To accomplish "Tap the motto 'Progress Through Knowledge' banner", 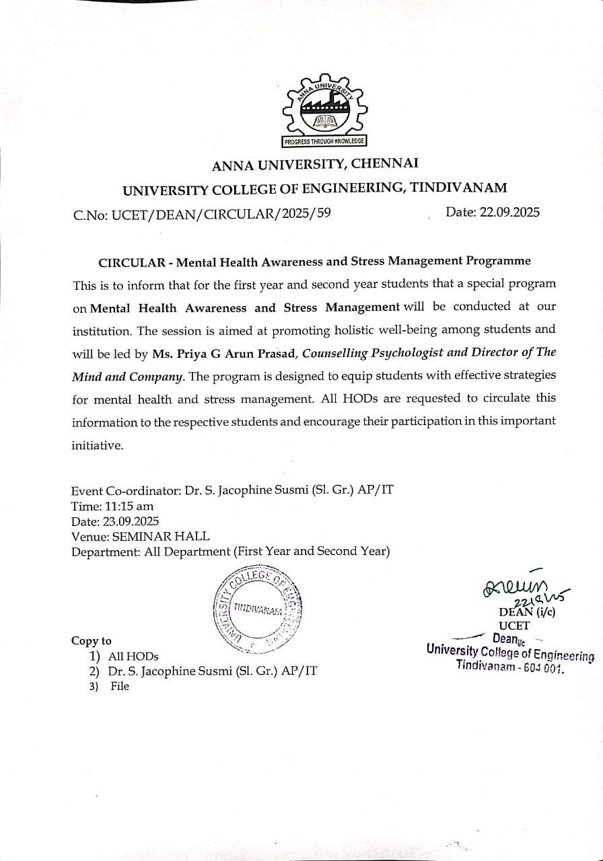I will click(x=323, y=141).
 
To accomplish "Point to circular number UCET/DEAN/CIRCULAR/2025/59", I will click(x=221, y=214).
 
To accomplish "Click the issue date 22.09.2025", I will click(x=510, y=212).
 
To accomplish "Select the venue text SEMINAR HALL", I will click(x=161, y=536).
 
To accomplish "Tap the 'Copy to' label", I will click(x=92, y=641).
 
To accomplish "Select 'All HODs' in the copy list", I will click(x=133, y=656).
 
